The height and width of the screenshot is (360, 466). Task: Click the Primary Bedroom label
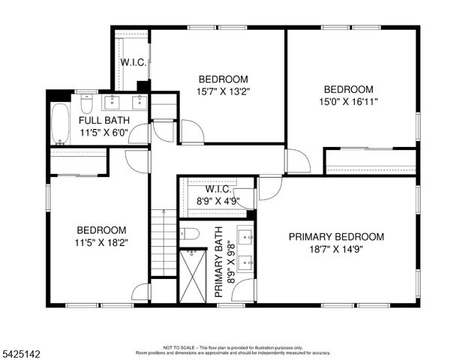tap(336, 237)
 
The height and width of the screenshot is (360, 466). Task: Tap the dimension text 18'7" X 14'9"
tap(336, 250)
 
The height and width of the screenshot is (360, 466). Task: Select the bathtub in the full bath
tap(60, 124)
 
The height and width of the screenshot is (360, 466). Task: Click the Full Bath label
tap(104, 120)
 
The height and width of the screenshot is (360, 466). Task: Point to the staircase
tap(164, 243)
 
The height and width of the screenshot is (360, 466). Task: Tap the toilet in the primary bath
tap(189, 234)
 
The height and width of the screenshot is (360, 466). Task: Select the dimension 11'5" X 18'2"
tap(101, 242)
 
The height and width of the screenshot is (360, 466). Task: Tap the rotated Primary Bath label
tap(220, 268)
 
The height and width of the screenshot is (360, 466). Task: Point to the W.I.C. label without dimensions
tap(133, 62)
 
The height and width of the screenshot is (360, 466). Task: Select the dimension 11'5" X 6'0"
tap(104, 133)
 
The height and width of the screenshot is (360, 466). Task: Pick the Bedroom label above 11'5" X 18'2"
tap(101, 229)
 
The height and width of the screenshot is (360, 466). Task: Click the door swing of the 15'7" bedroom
tap(191, 132)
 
